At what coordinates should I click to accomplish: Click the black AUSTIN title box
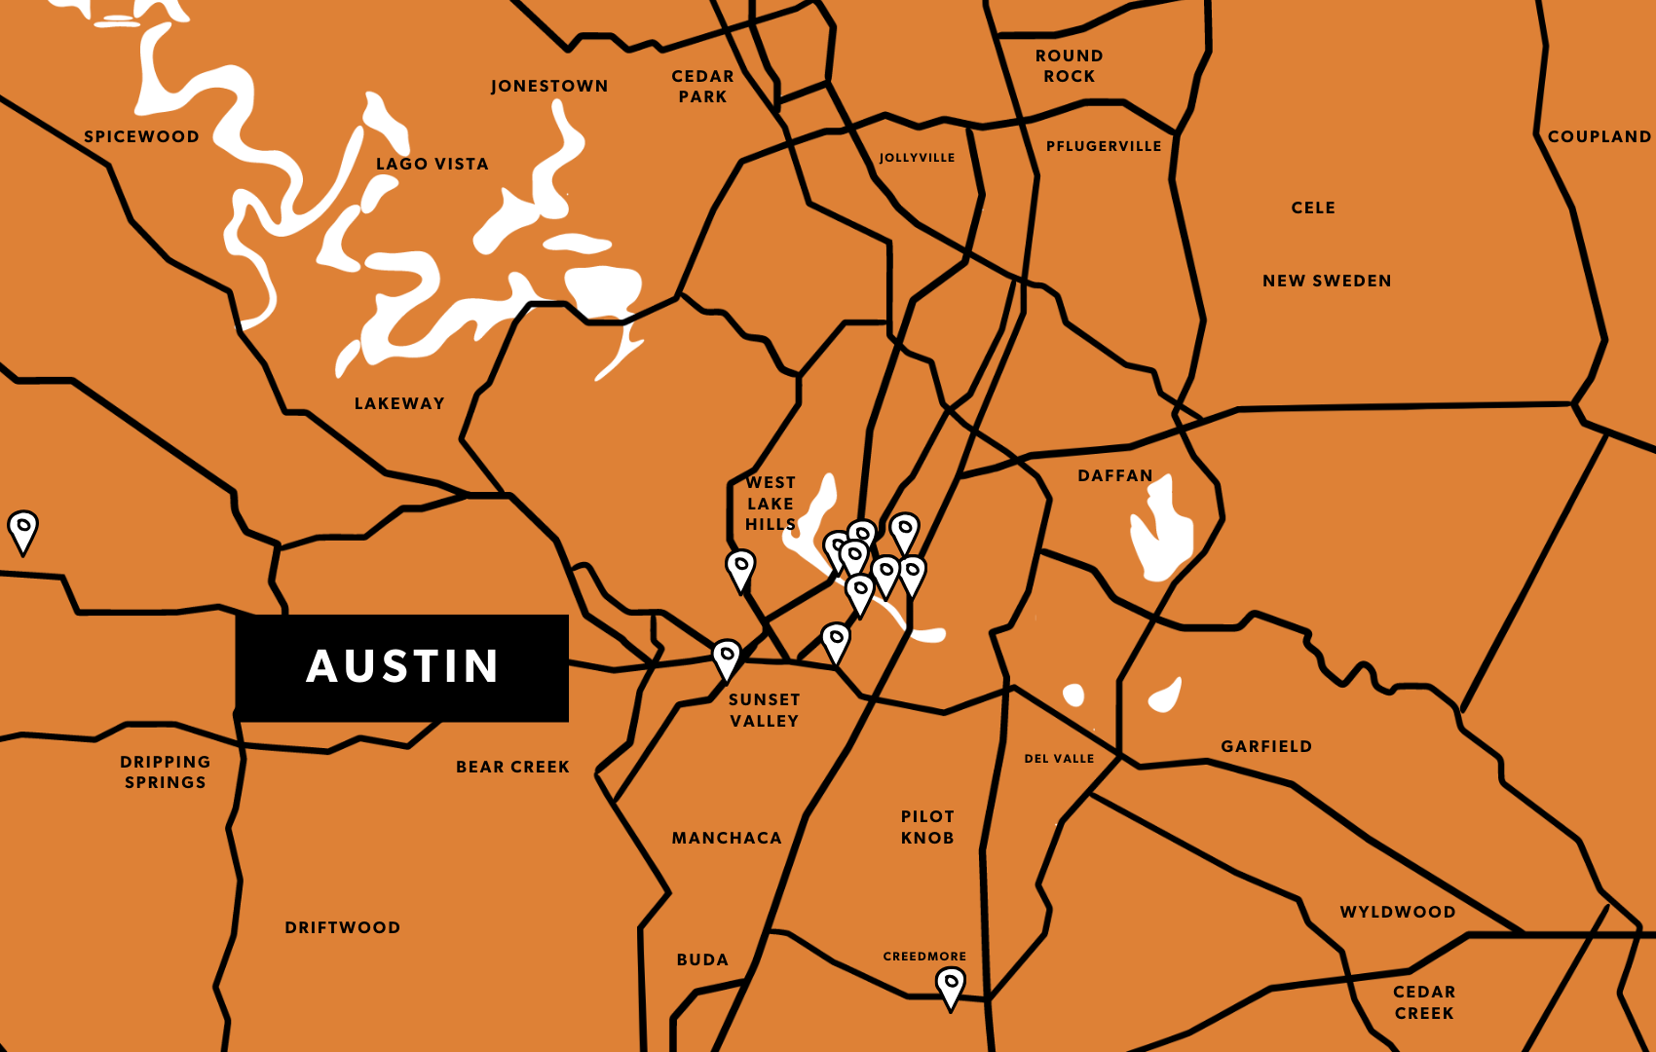point(401,667)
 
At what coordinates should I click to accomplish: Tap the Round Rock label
point(1069,66)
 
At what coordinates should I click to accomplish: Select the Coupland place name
point(1599,136)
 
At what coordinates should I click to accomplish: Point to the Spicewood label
point(141,136)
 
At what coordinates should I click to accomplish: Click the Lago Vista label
point(433,164)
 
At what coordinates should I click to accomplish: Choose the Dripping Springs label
point(165,771)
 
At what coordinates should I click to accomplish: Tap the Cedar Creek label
point(1423,1002)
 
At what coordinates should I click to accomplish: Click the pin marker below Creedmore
point(951,986)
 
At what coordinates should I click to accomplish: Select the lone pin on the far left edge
point(22,530)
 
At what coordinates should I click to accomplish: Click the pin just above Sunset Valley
point(727,658)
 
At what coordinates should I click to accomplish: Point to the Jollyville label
point(917,158)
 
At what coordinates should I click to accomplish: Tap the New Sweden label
point(1327,281)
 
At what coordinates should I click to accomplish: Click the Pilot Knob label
point(926,827)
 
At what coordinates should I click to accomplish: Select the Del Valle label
point(1059,759)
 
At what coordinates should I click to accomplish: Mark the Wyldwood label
point(1397,912)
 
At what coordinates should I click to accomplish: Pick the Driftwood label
point(342,927)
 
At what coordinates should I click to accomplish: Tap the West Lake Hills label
point(770,503)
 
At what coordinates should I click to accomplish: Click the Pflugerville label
point(1104,146)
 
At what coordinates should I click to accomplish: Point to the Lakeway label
point(399,403)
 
